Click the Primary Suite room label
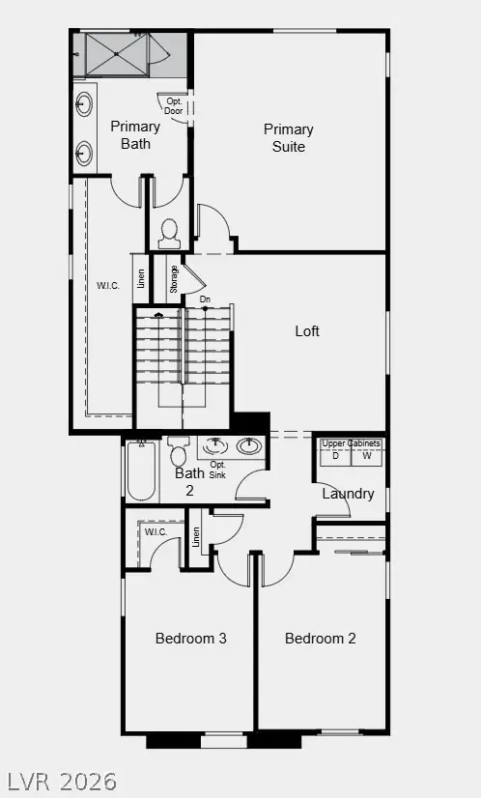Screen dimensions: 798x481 (x=289, y=138)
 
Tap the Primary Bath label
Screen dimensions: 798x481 (x=135, y=135)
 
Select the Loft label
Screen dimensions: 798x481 (x=307, y=331)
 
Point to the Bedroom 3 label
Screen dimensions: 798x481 (x=191, y=639)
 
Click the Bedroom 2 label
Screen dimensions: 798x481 (x=321, y=639)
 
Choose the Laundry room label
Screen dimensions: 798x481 (x=348, y=494)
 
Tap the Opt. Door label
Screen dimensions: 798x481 (x=174, y=105)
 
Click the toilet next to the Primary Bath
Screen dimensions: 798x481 (x=169, y=231)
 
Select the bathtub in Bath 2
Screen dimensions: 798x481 (x=142, y=471)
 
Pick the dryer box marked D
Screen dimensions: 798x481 (x=335, y=456)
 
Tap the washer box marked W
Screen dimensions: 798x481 (x=366, y=456)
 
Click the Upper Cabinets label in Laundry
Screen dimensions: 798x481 (x=351, y=443)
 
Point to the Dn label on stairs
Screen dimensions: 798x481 (x=205, y=299)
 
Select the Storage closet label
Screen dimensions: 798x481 (x=174, y=279)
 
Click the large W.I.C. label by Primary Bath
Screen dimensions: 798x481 (x=107, y=285)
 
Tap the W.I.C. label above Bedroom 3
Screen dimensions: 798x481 (x=156, y=532)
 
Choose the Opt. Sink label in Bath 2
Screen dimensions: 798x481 (x=217, y=470)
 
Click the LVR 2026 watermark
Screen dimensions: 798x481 (x=62, y=780)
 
